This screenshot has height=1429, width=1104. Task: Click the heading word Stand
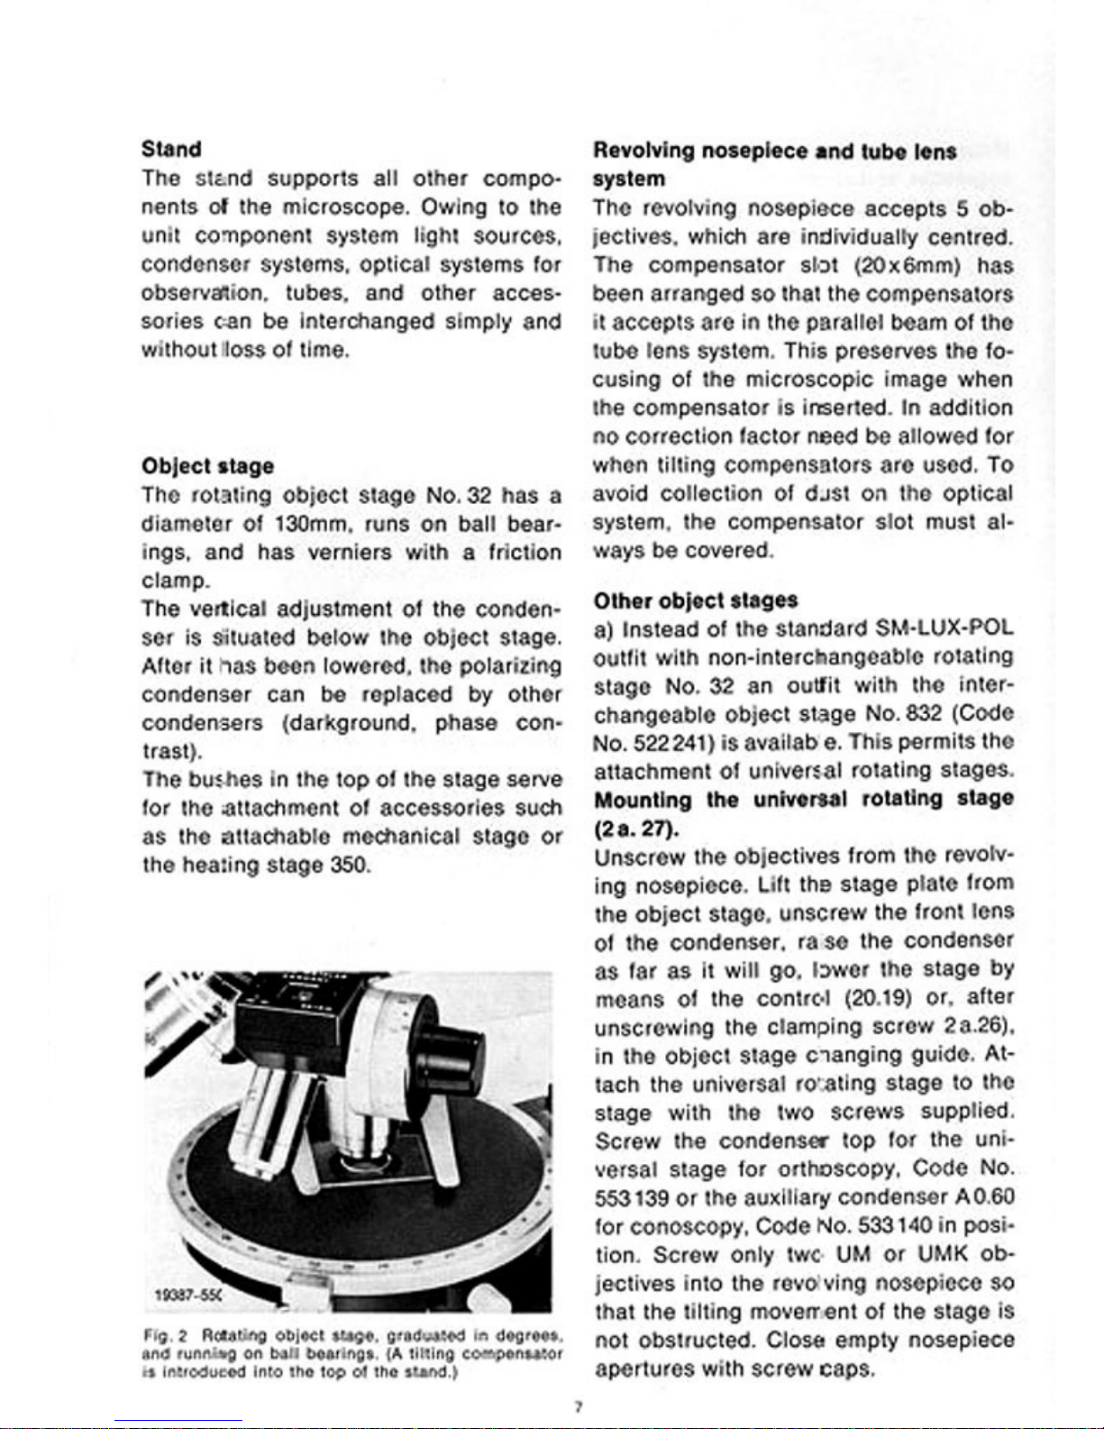[171, 148]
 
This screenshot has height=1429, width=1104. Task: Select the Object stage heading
[206, 466]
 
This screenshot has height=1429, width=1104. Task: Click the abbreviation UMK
[937, 1255]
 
